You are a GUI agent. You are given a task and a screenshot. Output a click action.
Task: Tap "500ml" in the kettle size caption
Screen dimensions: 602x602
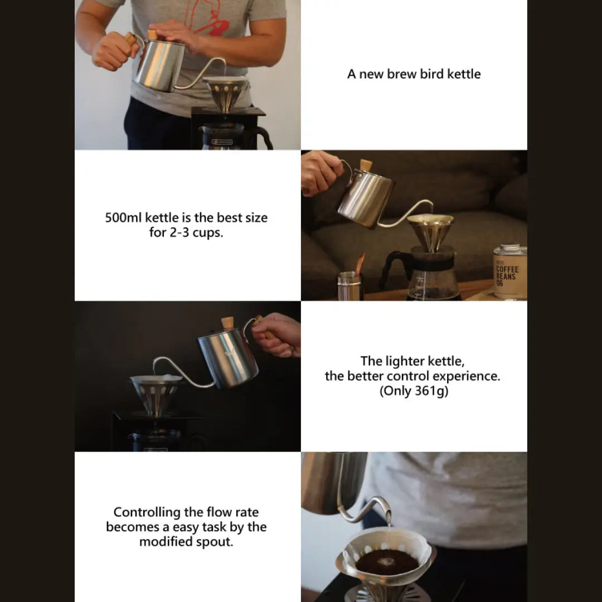click(x=123, y=218)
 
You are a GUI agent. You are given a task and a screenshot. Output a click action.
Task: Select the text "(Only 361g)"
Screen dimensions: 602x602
click(x=414, y=391)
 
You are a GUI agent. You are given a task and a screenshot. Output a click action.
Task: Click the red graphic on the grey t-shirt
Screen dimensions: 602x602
click(x=207, y=17)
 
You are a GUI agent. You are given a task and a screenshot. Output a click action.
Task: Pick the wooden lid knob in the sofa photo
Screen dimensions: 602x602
click(x=366, y=166)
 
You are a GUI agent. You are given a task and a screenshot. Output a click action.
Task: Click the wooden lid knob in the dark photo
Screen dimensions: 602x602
click(x=227, y=323)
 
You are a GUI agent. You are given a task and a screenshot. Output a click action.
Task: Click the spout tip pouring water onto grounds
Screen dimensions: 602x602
click(x=389, y=514)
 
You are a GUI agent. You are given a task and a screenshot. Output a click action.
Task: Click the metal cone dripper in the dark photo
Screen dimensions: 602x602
click(x=156, y=394)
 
